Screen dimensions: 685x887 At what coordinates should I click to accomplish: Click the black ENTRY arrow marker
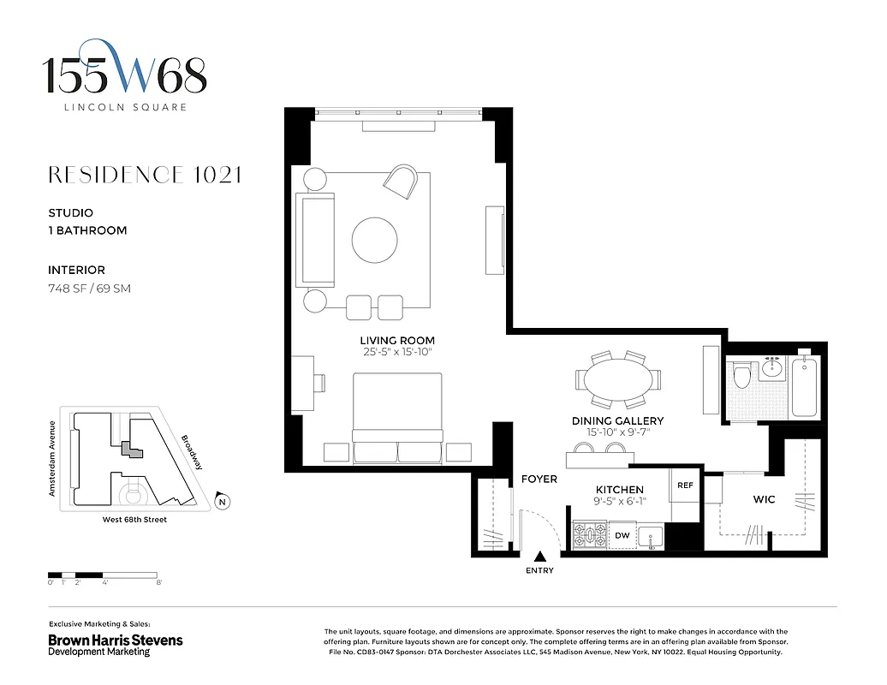coord(539,557)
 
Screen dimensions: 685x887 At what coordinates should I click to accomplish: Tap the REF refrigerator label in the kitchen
coord(685,485)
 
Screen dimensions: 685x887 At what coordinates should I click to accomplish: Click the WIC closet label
coord(764,499)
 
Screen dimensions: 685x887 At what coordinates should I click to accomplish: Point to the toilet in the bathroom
coord(742,375)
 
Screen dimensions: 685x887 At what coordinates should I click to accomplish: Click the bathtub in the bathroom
coord(805,388)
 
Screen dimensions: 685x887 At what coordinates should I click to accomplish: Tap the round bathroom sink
coord(773,369)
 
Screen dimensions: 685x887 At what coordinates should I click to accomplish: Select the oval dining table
coord(617,379)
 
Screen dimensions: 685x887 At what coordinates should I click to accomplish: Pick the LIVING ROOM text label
coord(397,340)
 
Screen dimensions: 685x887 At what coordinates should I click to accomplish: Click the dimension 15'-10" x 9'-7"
coord(617,432)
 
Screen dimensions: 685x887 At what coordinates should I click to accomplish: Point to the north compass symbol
coord(222,502)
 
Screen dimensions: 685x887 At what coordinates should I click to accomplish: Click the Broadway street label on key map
coord(192,453)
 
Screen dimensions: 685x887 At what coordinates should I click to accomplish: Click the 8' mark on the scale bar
coord(159,582)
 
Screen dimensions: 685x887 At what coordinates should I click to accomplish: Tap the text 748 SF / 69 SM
coord(89,289)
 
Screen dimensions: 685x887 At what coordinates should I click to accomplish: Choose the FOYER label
coord(539,479)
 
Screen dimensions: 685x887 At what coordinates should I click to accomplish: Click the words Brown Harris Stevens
coord(115,640)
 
